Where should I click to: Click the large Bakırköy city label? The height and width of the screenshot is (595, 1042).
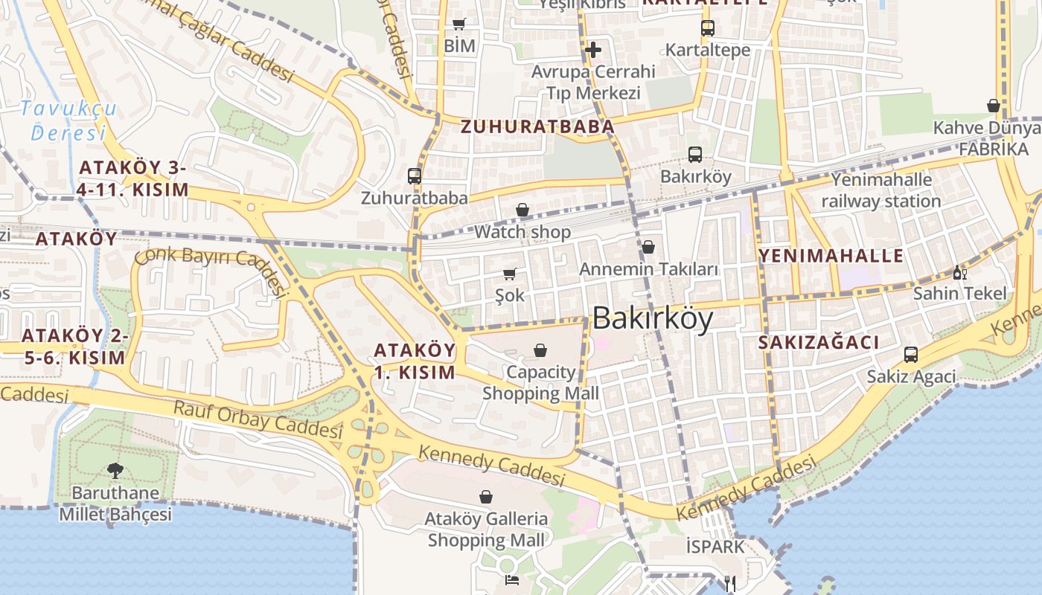(653, 318)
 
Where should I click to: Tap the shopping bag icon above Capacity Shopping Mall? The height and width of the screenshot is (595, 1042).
(540, 350)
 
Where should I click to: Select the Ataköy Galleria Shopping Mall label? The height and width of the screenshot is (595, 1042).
(487, 529)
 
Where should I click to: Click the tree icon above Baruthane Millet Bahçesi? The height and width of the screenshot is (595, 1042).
(115, 470)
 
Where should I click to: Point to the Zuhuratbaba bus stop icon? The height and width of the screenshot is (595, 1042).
(415, 176)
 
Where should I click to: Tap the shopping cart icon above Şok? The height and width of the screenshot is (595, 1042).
(510, 274)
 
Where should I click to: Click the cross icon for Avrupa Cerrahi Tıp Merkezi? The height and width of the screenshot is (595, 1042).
(593, 50)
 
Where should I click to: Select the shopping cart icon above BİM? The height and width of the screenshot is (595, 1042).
(459, 24)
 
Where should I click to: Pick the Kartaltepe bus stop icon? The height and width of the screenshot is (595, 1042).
(707, 28)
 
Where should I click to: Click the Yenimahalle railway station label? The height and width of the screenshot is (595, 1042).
(881, 190)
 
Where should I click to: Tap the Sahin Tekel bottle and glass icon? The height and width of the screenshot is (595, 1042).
(960, 272)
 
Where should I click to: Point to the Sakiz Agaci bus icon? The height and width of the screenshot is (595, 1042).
(911, 354)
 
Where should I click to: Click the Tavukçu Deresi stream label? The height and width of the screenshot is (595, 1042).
(68, 120)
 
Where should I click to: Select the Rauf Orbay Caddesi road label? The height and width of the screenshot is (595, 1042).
(258, 419)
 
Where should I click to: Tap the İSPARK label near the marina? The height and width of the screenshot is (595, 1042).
(715, 547)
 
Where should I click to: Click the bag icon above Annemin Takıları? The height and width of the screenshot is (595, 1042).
(648, 247)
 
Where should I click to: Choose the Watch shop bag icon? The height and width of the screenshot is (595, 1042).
(522, 210)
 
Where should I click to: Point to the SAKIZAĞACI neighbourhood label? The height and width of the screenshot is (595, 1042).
(818, 342)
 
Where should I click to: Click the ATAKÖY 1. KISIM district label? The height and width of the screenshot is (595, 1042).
(414, 361)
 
